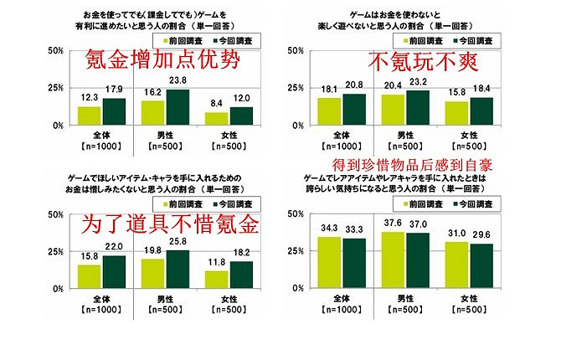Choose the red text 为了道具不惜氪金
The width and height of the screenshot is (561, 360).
pyautogui.click(x=167, y=224)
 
